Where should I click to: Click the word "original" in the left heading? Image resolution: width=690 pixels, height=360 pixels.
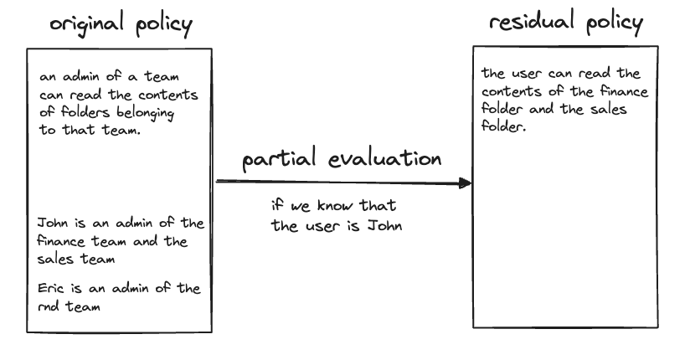(86, 23)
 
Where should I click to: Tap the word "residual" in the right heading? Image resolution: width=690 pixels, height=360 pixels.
(532, 20)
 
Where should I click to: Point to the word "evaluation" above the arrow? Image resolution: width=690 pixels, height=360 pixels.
(385, 158)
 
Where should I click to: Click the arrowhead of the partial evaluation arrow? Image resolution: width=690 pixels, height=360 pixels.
(465, 183)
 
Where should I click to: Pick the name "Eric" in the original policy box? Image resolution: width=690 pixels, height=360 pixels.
(49, 288)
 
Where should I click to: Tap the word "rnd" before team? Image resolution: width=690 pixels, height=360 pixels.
(49, 306)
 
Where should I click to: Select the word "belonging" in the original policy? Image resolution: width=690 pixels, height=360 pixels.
(146, 113)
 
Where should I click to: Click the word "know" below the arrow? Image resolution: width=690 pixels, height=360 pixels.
(335, 205)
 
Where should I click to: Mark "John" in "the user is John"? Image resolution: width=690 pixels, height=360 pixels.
(384, 226)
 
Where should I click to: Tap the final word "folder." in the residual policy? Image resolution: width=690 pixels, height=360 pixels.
(503, 126)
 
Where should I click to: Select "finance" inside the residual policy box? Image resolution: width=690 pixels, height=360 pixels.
(624, 91)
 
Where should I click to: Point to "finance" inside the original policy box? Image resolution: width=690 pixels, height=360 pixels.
(61, 241)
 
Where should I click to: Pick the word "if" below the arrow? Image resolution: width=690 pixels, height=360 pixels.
(277, 204)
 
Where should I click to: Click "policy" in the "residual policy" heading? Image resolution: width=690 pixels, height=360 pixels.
(615, 22)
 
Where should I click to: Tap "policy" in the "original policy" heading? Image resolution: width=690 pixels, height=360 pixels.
(164, 24)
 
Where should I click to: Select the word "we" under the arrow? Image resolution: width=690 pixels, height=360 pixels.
(301, 206)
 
